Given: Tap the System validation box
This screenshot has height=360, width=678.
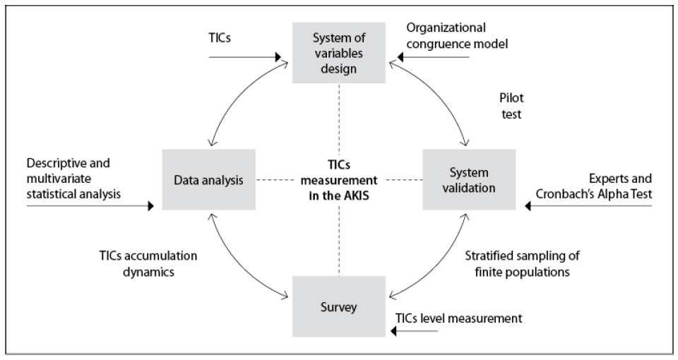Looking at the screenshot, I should (x=466, y=180).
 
